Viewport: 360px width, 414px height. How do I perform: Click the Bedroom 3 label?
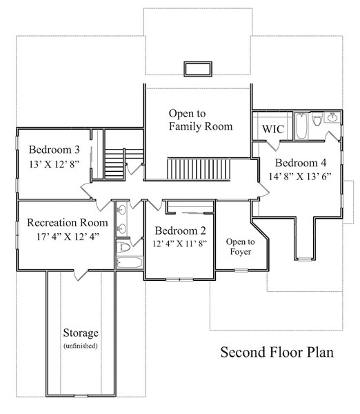54,150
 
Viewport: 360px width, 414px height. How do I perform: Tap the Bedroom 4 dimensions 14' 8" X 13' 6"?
300,177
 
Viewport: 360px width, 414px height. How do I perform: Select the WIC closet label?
273,129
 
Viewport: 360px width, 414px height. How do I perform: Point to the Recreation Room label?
68,223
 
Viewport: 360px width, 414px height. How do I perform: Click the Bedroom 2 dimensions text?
179,244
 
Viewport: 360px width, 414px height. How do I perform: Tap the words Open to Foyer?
240,246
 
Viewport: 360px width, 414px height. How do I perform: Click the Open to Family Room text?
201,120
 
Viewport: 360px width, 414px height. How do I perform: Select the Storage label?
81,333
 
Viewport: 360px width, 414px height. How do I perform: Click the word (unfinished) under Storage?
81,346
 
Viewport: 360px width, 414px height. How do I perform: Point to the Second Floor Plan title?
277,352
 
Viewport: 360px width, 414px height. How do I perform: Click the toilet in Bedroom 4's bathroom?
317,119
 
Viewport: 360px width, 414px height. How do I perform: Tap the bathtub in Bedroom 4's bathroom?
301,126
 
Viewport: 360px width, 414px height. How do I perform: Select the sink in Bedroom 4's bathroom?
332,117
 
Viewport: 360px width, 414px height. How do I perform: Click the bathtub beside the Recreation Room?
130,263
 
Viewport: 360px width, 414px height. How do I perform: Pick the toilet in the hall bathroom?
123,247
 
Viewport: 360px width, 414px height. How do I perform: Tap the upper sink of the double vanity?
121,210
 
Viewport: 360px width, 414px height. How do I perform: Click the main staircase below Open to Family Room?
199,169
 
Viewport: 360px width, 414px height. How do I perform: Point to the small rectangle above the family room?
198,69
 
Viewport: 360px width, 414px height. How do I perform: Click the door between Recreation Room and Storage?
81,275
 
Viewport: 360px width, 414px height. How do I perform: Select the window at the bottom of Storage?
81,396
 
